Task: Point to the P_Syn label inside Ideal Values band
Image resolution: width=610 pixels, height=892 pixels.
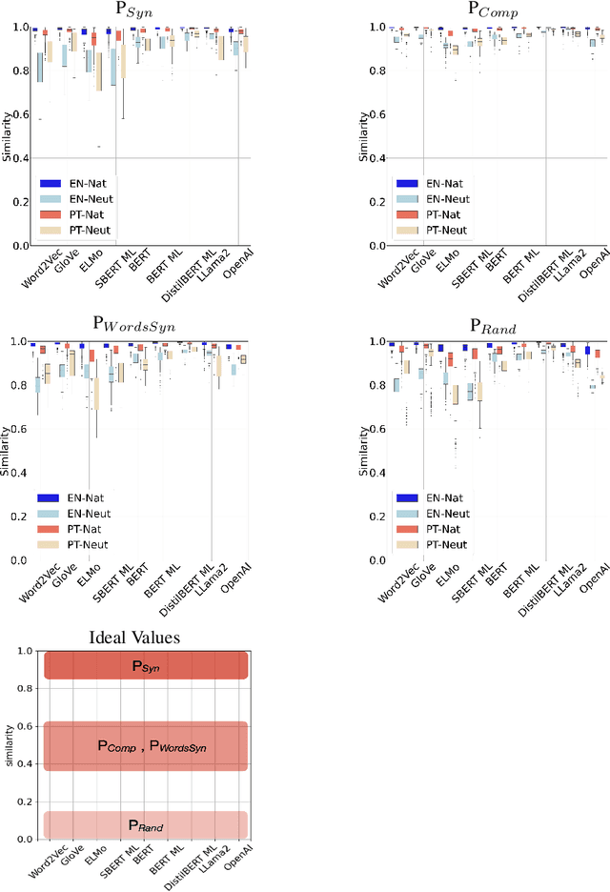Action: coord(146,667)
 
